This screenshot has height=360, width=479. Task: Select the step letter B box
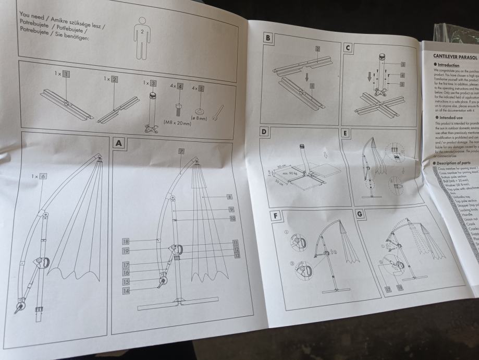267,38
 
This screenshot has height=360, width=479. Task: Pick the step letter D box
264,133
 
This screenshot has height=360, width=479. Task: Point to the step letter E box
345,133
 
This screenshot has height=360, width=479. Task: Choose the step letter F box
275,215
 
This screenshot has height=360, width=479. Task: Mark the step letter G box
359,214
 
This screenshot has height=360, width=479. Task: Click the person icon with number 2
142,37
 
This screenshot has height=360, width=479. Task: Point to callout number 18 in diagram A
126,242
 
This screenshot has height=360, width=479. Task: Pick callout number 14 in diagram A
126,291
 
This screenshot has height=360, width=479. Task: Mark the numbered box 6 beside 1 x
43,177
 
